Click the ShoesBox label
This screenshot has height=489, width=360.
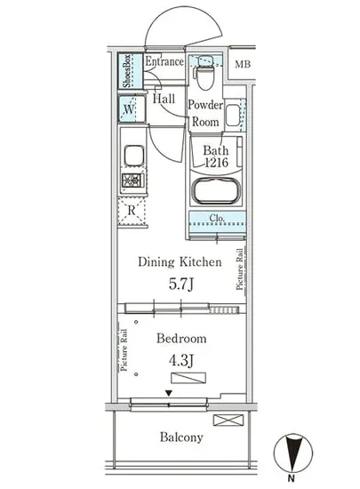(126, 71)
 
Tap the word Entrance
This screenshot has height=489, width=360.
(164, 61)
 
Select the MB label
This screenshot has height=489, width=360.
(243, 64)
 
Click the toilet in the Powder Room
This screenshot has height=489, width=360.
(204, 73)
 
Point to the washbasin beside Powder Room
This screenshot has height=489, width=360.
(233, 116)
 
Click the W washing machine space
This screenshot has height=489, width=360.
(132, 109)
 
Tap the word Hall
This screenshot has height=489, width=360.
(164, 99)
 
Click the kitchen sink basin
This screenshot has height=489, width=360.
(134, 156)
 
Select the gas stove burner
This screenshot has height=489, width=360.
(133, 180)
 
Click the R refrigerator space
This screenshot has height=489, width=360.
(132, 211)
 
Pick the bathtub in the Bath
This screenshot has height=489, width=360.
(217, 191)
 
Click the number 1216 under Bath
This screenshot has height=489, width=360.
(217, 162)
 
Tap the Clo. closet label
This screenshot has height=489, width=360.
(217, 218)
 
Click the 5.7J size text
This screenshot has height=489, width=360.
(181, 285)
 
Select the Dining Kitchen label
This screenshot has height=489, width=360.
(180, 262)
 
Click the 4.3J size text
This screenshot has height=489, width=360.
(181, 360)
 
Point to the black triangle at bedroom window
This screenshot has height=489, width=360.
(169, 393)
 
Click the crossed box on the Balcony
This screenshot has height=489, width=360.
(228, 420)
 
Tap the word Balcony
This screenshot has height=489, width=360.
(181, 437)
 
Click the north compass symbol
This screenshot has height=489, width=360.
(292, 453)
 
